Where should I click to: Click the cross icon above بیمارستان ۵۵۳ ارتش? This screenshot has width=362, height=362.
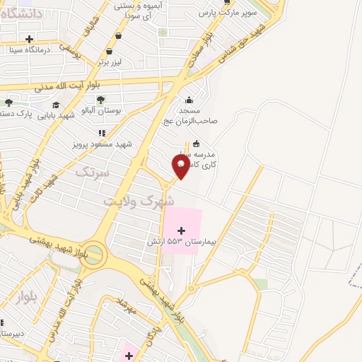click(x=182, y=230)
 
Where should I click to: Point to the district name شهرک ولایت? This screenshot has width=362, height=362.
click(x=139, y=200)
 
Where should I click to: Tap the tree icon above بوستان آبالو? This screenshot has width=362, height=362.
click(x=100, y=100)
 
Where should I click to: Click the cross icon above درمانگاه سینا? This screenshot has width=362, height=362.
click(x=29, y=39)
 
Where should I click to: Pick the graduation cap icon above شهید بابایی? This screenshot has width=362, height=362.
click(x=56, y=105)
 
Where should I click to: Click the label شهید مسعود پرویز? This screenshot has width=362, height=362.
click(x=103, y=144)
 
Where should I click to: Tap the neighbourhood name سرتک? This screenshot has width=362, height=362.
click(x=93, y=172)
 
